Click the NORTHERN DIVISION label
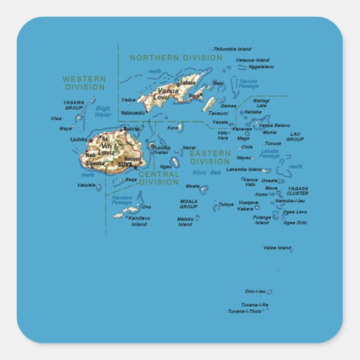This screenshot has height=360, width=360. (176, 58)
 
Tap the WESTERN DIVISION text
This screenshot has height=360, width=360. (84, 83)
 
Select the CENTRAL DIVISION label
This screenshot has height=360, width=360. (159, 178)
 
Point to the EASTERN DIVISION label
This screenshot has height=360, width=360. (210, 158)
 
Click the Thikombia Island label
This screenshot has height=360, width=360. (232, 49)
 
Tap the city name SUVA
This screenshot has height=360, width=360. (125, 164)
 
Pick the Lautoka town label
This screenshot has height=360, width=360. (79, 139)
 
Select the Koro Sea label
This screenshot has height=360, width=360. (211, 173)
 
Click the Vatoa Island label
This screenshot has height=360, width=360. (276, 248)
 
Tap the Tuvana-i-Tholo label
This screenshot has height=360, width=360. (245, 311)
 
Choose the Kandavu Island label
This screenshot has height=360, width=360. (139, 221)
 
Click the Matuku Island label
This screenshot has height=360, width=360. (185, 221)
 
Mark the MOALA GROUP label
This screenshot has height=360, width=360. (189, 204)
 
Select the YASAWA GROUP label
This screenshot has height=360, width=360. (73, 105)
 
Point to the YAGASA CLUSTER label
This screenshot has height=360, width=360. (298, 191)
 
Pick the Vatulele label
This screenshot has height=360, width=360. (86, 185)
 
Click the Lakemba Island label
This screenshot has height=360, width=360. (244, 169)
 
